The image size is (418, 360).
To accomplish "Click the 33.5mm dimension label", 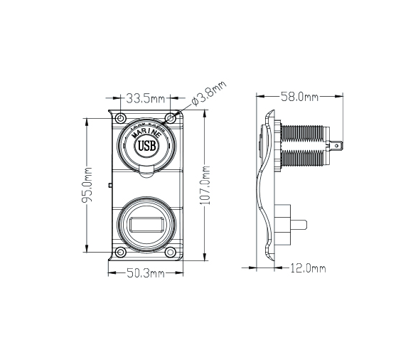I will coord(145,97).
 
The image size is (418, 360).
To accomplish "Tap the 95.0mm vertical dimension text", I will coord(88,184).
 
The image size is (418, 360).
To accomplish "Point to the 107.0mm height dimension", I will coord(205,185).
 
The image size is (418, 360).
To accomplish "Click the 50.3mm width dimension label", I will coord(146,272).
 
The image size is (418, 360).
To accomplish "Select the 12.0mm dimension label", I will coord(309,268).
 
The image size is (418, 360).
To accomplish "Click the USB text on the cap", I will coord(145,147).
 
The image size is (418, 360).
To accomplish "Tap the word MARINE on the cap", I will coord(145,134).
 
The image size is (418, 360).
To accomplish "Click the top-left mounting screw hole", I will coord(120,117).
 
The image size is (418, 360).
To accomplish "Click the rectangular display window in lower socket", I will coord(145,226).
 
